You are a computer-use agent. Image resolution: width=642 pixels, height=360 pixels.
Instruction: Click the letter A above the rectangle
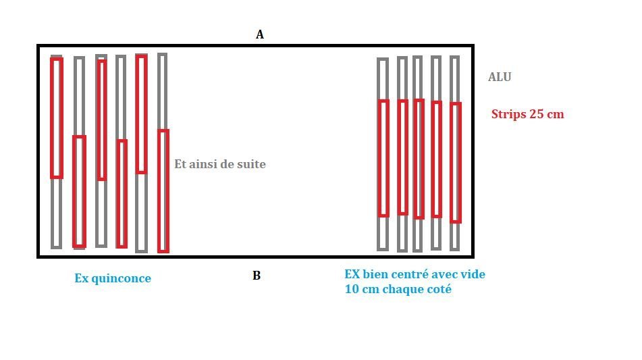(x=260, y=34)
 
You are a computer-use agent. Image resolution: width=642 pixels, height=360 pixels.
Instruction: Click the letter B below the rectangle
(x=257, y=276)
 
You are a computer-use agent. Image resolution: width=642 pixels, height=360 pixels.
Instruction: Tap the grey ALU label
(x=500, y=77)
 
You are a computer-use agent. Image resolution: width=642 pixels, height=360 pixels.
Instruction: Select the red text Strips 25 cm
(x=527, y=114)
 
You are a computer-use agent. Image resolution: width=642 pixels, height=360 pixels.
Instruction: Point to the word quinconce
(x=122, y=278)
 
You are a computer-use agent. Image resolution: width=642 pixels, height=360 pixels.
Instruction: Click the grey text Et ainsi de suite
(x=220, y=164)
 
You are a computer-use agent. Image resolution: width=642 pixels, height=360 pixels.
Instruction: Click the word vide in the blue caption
(x=473, y=274)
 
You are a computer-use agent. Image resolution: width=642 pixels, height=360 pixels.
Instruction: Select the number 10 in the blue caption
(x=351, y=289)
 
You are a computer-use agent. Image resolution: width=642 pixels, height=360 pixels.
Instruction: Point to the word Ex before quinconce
(x=82, y=278)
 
